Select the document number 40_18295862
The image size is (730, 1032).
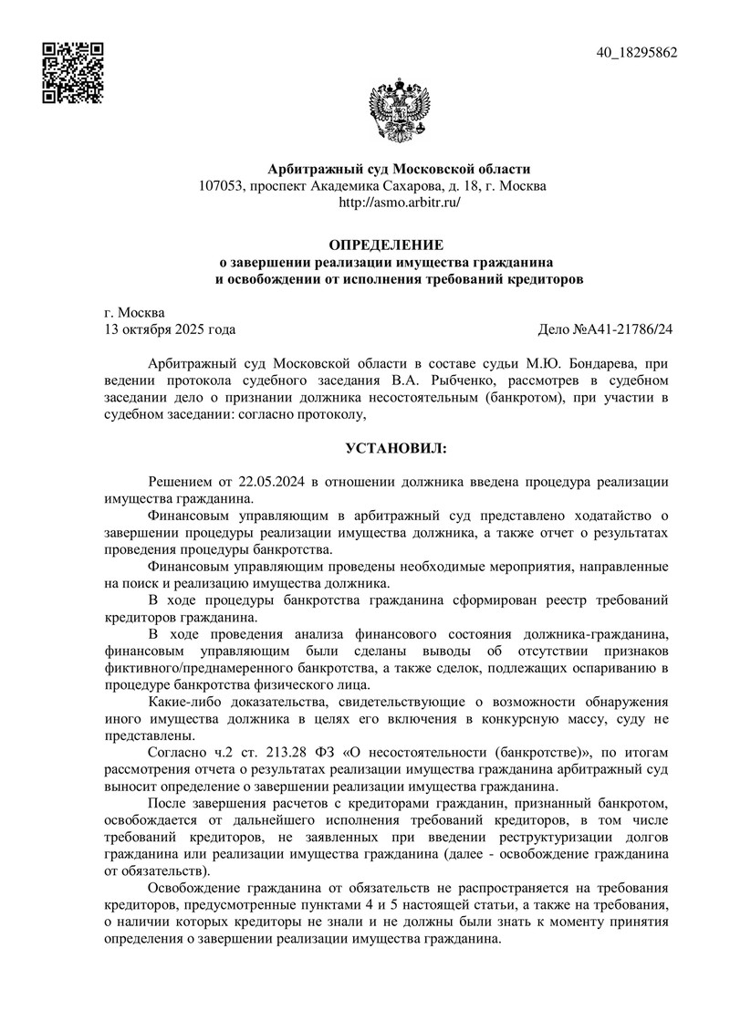coord(636,53)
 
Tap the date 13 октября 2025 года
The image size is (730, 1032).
coord(171,329)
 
